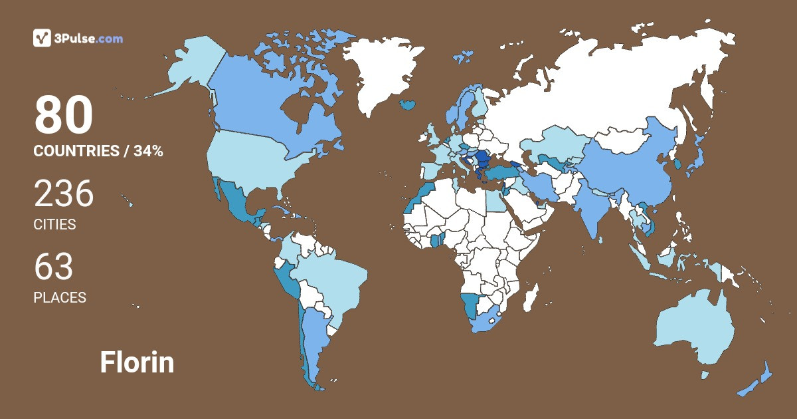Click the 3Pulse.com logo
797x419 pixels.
78,38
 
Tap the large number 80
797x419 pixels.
64,116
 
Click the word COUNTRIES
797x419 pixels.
76,151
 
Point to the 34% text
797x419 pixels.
148,151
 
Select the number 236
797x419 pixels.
64,194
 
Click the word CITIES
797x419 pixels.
54,224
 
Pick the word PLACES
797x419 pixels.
60,297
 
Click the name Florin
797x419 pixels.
137,362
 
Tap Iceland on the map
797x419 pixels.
408,104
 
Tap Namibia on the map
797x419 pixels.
470,305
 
